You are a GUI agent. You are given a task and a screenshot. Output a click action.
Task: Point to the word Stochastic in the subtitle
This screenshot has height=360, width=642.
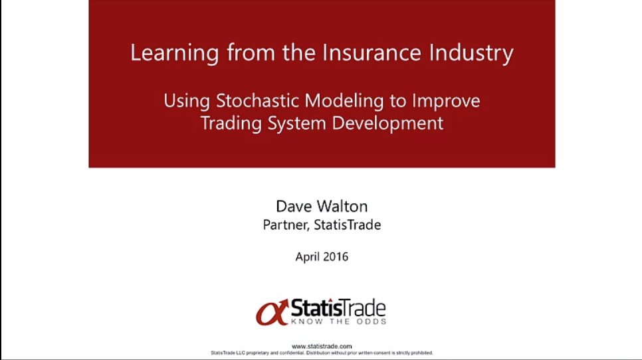pyautogui.click(x=258, y=101)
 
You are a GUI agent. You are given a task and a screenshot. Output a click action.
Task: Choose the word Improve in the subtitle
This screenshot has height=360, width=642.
pyautogui.click(x=446, y=102)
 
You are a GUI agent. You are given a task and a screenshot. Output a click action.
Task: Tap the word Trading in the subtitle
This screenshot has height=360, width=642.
pyautogui.click(x=231, y=124)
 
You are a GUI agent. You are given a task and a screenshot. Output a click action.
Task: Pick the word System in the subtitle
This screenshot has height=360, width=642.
pyautogui.click(x=297, y=124)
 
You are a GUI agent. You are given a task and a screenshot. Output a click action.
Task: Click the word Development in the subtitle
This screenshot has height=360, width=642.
pyautogui.click(x=387, y=124)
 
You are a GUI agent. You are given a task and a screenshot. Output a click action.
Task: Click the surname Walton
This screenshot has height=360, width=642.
pyautogui.click(x=342, y=206)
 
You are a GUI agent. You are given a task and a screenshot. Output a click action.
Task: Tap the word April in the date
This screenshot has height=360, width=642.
pyautogui.click(x=306, y=257)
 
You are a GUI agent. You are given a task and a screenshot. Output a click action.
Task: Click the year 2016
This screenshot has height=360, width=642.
pyautogui.click(x=335, y=256)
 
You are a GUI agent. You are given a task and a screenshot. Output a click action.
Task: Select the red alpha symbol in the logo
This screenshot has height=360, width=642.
pyautogui.click(x=272, y=313)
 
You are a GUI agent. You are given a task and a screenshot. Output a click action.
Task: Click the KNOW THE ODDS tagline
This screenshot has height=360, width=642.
pyautogui.click(x=338, y=321)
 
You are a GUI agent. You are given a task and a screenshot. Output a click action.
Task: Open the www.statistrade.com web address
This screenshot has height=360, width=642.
pyautogui.click(x=322, y=346)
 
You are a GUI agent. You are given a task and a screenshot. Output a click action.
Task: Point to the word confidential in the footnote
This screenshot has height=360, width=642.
pyautogui.click(x=292, y=353)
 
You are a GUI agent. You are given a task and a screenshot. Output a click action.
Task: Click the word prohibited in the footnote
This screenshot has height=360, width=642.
pyautogui.click(x=421, y=353)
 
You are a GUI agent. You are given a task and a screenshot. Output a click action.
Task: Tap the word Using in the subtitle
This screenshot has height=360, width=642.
pyautogui.click(x=187, y=102)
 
